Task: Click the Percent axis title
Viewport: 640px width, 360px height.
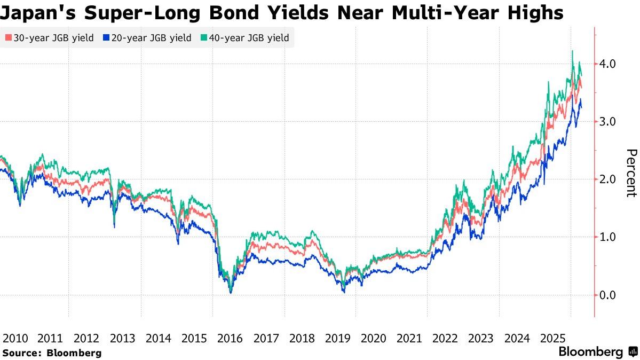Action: (631, 173)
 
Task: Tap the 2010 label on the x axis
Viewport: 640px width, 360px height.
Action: (15, 338)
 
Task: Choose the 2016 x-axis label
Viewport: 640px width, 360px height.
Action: (230, 338)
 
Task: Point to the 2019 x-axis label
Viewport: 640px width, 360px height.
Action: (337, 338)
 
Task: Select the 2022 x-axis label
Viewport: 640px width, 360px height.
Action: (445, 338)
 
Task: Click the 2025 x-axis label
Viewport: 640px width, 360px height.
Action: (552, 338)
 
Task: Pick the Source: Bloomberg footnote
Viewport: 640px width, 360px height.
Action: (51, 353)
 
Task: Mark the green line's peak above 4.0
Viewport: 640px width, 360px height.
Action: (572, 51)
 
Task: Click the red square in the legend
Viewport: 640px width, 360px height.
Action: (8, 38)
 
